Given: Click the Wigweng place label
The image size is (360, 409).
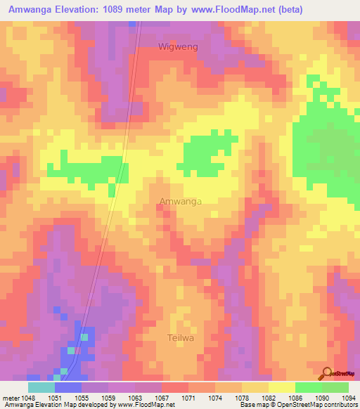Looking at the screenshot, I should [178, 46].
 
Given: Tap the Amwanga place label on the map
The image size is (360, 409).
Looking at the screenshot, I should [181, 202].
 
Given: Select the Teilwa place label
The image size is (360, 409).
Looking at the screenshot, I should [180, 337].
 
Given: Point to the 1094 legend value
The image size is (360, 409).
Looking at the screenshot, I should [348, 397].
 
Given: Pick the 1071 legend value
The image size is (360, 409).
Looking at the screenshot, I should [188, 397].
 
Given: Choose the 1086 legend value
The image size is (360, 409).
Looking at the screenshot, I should [295, 397].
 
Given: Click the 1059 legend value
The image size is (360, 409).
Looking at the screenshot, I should [108, 397].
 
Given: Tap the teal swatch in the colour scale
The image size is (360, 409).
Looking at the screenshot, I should [41, 387].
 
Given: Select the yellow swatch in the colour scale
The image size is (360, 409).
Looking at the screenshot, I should [281, 387].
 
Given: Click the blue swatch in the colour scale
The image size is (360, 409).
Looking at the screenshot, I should [68, 387].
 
